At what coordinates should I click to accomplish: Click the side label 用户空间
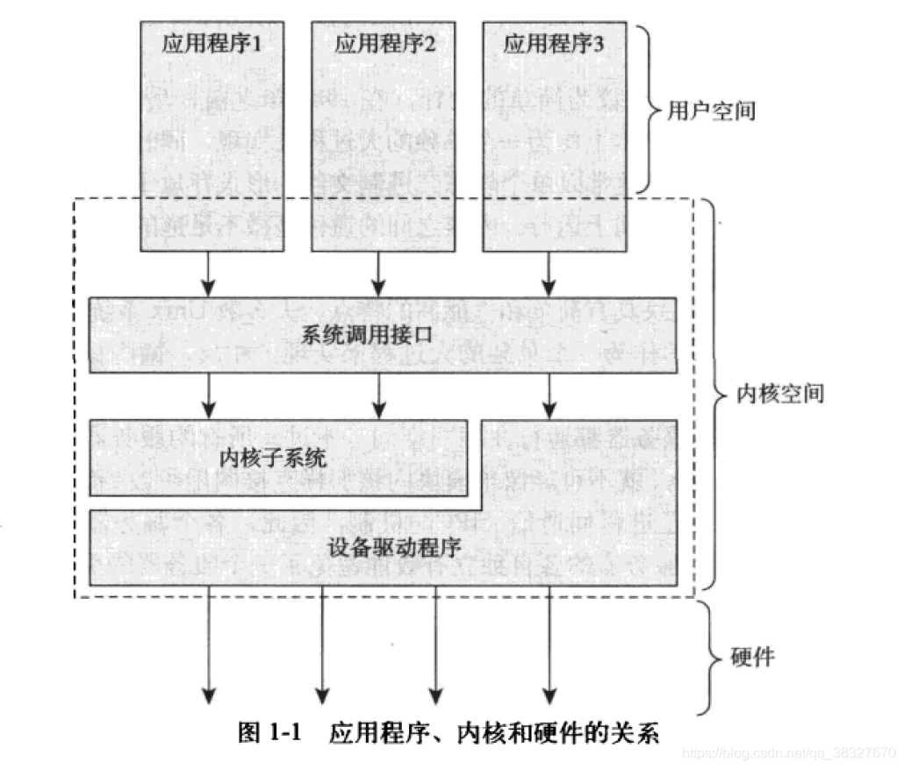pyautogui.click(x=712, y=111)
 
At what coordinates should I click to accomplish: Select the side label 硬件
pyautogui.click(x=753, y=657)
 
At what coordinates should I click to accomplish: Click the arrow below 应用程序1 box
pyautogui.click(x=208, y=273)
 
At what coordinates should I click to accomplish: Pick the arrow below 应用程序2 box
pyautogui.click(x=379, y=273)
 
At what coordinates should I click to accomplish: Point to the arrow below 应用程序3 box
pyautogui.click(x=549, y=273)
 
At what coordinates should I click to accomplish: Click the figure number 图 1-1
pyautogui.click(x=269, y=733)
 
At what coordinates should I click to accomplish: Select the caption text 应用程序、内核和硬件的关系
pyautogui.click(x=493, y=733)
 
